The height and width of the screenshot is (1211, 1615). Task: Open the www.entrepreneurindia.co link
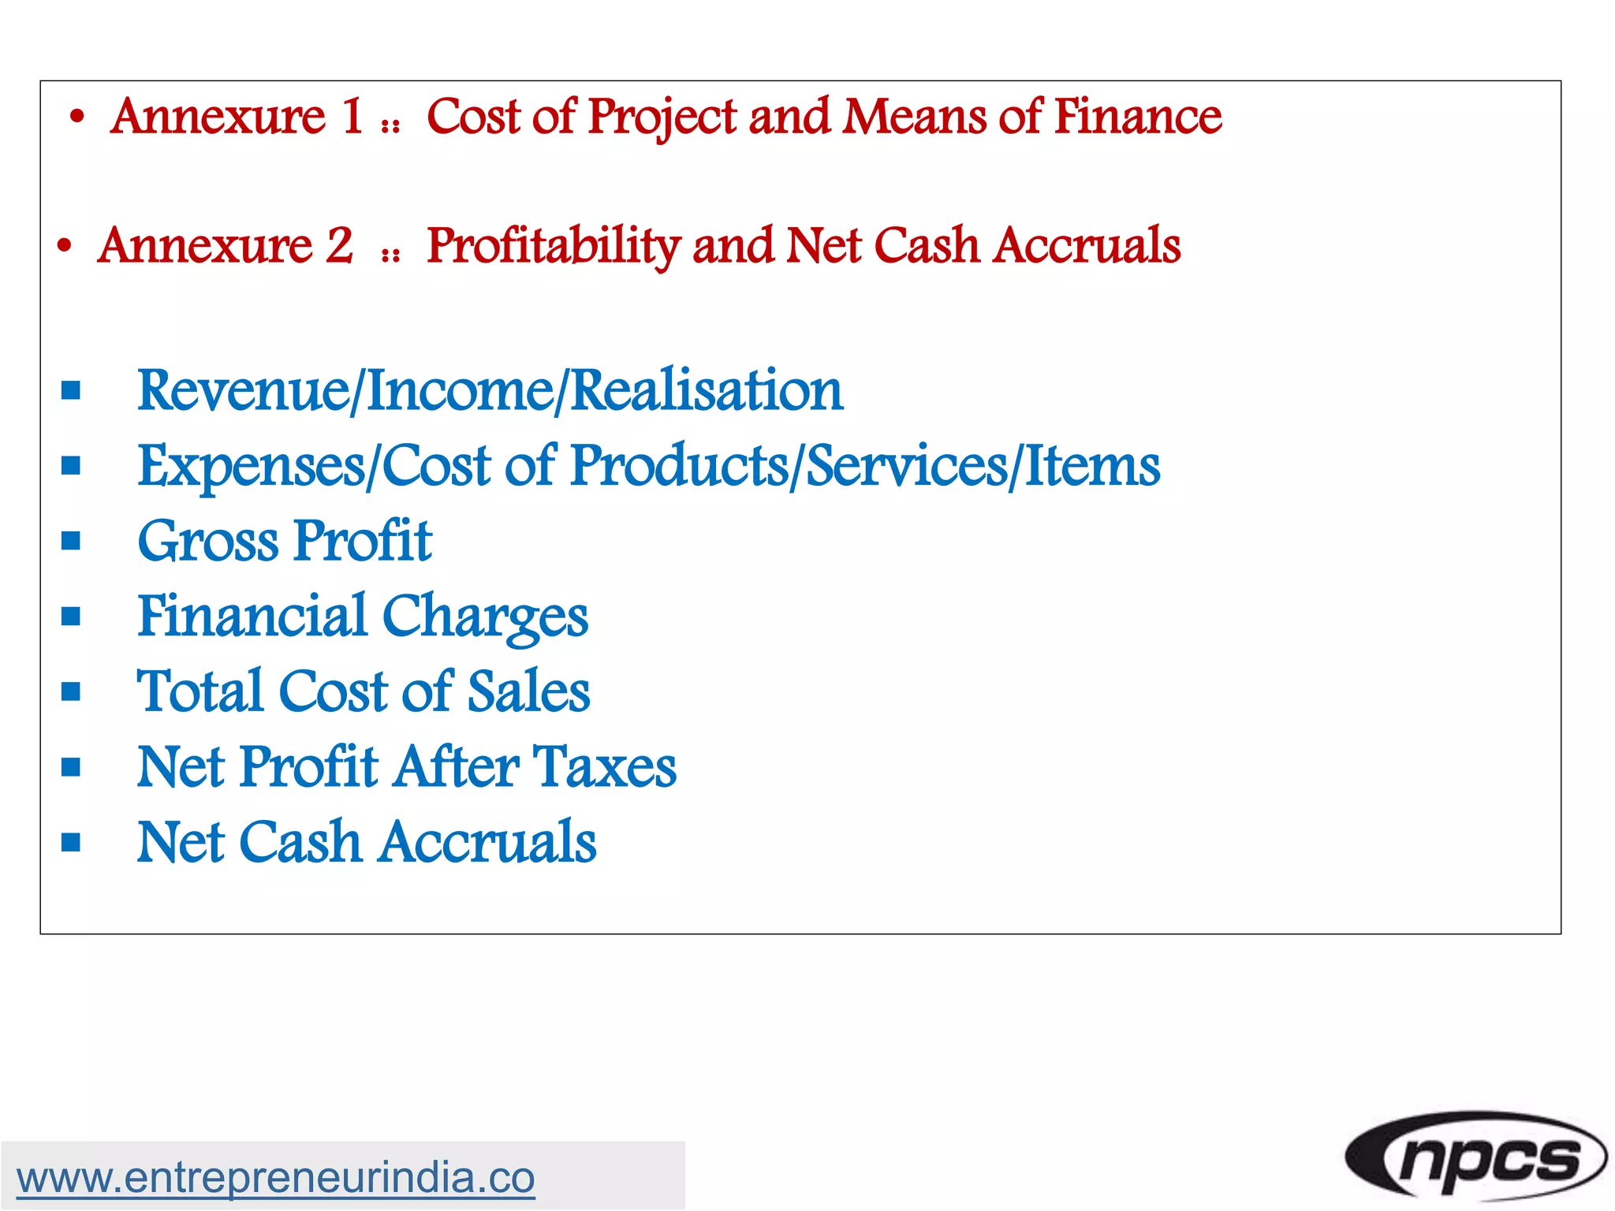click(x=275, y=1178)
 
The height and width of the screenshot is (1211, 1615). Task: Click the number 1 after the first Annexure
click(x=352, y=116)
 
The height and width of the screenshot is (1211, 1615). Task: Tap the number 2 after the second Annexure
click(x=339, y=245)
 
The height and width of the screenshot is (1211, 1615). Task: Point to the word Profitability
click(x=553, y=245)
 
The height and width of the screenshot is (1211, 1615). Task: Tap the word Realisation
click(x=706, y=390)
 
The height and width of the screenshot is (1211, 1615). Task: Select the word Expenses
click(x=252, y=466)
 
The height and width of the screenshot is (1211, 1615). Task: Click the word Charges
click(x=485, y=617)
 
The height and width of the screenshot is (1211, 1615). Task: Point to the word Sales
click(x=528, y=691)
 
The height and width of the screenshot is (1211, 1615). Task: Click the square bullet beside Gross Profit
click(x=71, y=541)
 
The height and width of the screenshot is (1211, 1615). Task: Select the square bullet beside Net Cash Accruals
click(x=71, y=843)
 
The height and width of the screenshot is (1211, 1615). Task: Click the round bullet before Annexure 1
click(x=76, y=117)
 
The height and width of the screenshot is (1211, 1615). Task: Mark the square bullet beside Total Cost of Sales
click(x=71, y=691)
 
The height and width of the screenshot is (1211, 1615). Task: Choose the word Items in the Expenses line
click(x=1092, y=466)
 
